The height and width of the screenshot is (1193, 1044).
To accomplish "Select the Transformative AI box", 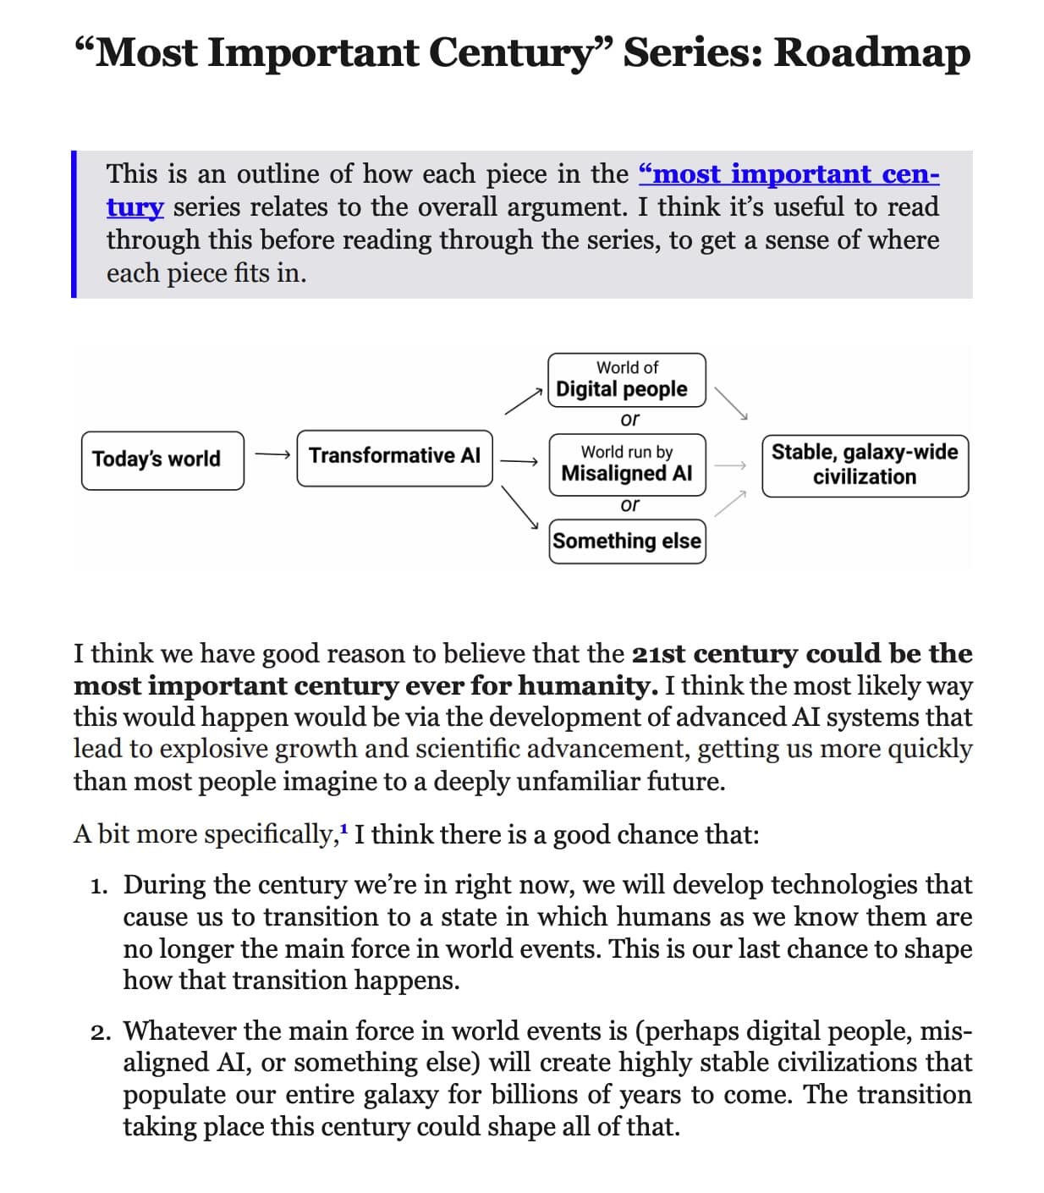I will point(394,457).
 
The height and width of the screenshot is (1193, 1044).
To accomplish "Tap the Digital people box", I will point(626,380).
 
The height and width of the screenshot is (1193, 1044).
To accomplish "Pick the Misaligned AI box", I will point(626,463).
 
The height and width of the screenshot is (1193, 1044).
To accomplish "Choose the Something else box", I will point(626,541).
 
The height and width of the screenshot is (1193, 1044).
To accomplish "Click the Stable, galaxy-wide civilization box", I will point(865,465).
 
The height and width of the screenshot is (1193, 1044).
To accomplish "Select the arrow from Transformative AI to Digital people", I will point(523,401).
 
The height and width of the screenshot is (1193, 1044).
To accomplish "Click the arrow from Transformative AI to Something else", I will point(521,507).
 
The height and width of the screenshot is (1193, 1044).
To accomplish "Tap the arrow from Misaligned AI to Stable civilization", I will point(731,465).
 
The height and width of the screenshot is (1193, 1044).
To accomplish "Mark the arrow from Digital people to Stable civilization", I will point(731,404).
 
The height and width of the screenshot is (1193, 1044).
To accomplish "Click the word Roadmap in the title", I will point(871,52).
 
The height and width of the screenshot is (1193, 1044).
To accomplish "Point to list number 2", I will point(101,1032).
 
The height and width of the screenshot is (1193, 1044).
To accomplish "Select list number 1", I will point(100,886).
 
